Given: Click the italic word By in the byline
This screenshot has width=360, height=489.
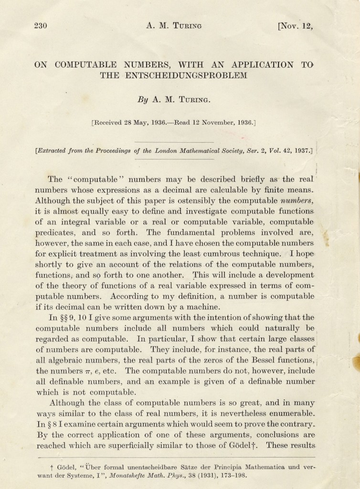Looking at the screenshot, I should (143, 100).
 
